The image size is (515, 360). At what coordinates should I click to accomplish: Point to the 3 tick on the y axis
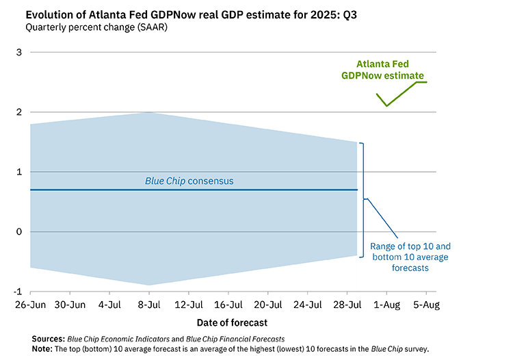coord(20,52)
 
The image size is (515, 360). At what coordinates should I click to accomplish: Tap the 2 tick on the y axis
coord(20,112)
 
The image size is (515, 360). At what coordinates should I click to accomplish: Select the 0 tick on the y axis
coord(20,232)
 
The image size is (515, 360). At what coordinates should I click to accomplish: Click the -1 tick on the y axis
coord(18,292)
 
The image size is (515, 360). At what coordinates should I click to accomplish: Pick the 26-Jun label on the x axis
coord(30,305)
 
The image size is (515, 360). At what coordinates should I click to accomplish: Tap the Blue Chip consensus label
coord(189,181)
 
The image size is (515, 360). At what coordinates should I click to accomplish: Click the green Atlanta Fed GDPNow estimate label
coord(382,70)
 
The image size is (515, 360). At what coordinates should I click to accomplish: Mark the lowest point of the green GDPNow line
coord(386,106)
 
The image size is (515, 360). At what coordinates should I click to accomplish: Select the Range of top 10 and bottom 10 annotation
coord(410,257)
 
